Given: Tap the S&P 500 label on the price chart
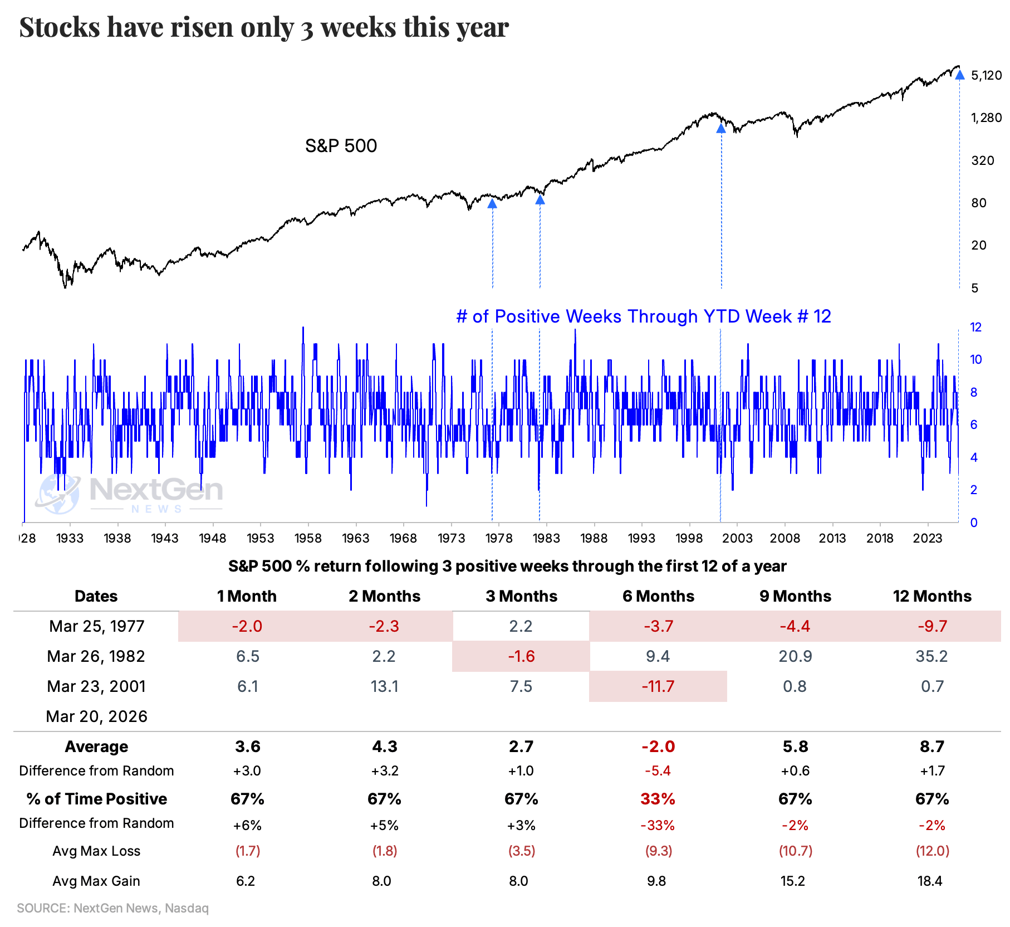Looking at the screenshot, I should pos(341,146).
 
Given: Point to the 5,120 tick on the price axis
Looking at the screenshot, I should pos(986,75).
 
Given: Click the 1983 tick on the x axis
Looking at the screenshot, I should pos(546,538).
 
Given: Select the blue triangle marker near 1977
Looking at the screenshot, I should pos(492,204).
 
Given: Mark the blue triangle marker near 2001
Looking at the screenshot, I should pos(721,129).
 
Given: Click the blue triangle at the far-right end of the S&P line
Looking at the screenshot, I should pos(960,75).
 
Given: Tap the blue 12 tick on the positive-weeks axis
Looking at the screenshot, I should pos(975,328).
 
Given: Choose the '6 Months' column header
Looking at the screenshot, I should pos(658,596).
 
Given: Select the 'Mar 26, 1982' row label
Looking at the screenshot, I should pos(96,656).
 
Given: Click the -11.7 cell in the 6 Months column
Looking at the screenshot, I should pos(658,686).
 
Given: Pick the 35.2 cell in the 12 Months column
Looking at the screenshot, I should pos(931,656).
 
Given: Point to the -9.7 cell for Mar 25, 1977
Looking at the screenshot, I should pos(932,626).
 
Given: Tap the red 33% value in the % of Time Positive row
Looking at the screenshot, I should pos(658,799).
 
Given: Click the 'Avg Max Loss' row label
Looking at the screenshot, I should pos(96,851).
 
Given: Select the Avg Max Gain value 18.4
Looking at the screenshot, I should pos(930,881).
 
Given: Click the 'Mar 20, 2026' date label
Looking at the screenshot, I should pos(96,716).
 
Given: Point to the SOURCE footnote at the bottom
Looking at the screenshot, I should pos(112,908).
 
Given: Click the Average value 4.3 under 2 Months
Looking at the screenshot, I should pos(384,747).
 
